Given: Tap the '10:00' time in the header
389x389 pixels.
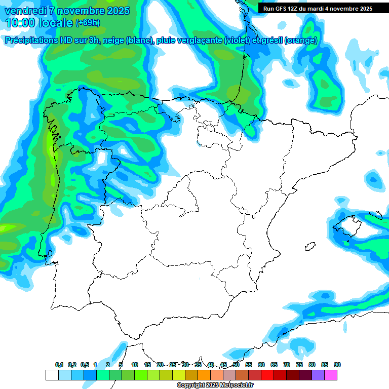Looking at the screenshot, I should (20, 23).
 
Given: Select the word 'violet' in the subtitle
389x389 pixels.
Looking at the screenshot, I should (238, 41).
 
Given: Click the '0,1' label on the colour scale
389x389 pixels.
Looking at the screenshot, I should (59, 365).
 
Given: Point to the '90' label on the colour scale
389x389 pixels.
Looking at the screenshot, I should (337, 365).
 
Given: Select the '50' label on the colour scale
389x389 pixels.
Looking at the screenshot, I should (236, 365).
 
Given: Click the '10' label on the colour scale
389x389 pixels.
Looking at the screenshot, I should (135, 365).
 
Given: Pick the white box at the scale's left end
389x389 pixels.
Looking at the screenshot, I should (52, 375).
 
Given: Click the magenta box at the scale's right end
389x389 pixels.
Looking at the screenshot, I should (331, 375).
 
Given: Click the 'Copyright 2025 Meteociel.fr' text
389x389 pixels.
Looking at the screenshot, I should (215, 385).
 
